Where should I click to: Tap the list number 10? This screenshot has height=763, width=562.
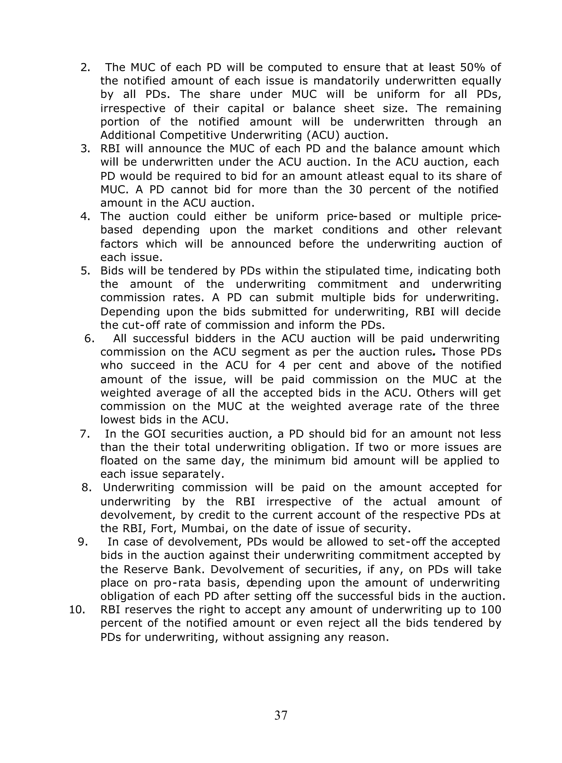(77, 610)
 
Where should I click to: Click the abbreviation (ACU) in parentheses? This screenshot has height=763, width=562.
(323, 135)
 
